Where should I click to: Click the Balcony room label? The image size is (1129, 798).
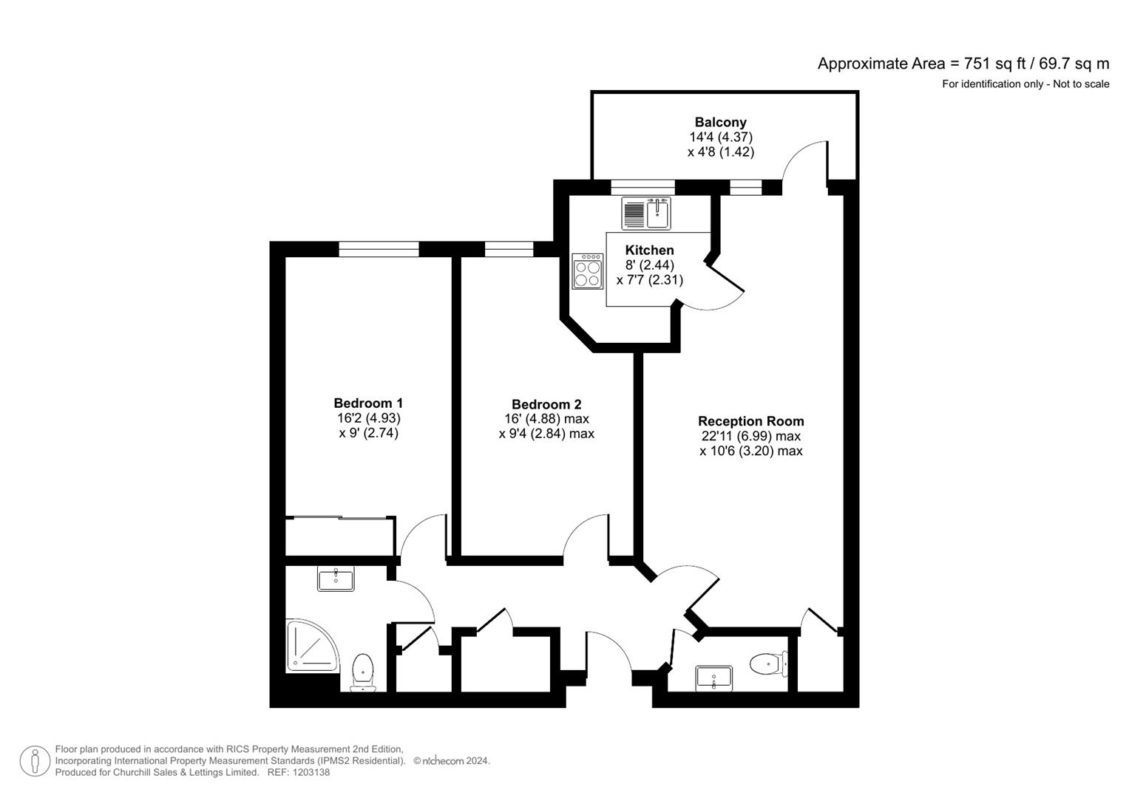tap(720, 123)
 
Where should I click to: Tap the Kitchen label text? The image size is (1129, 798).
tap(649, 250)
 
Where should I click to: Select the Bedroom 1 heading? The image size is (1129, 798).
tap(368, 403)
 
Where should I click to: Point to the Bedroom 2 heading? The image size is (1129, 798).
tap(546, 405)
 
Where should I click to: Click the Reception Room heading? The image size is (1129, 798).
tap(750, 422)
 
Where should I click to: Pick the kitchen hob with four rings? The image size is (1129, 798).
tap(588, 271)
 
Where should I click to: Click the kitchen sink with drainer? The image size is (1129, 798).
tap(646, 214)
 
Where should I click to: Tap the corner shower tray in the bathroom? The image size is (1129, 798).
tap(311, 646)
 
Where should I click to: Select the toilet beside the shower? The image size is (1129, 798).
tap(362, 672)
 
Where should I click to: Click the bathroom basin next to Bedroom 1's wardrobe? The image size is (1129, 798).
tap(336, 579)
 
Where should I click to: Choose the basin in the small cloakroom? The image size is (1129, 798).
tap(714, 678)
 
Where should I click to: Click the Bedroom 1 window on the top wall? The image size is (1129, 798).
tap(379, 249)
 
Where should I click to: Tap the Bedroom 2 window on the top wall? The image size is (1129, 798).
tap(509, 249)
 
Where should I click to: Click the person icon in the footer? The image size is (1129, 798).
tap(35, 761)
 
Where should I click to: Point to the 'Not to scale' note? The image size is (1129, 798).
tap(1081, 84)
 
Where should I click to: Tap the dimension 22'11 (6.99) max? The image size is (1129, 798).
tap(750, 437)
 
